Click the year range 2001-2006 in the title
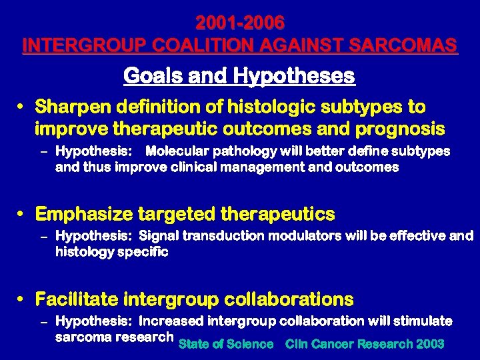click(x=240, y=23)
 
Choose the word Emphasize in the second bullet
click(x=84, y=214)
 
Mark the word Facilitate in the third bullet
click(x=79, y=299)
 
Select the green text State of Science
click(x=226, y=344)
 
